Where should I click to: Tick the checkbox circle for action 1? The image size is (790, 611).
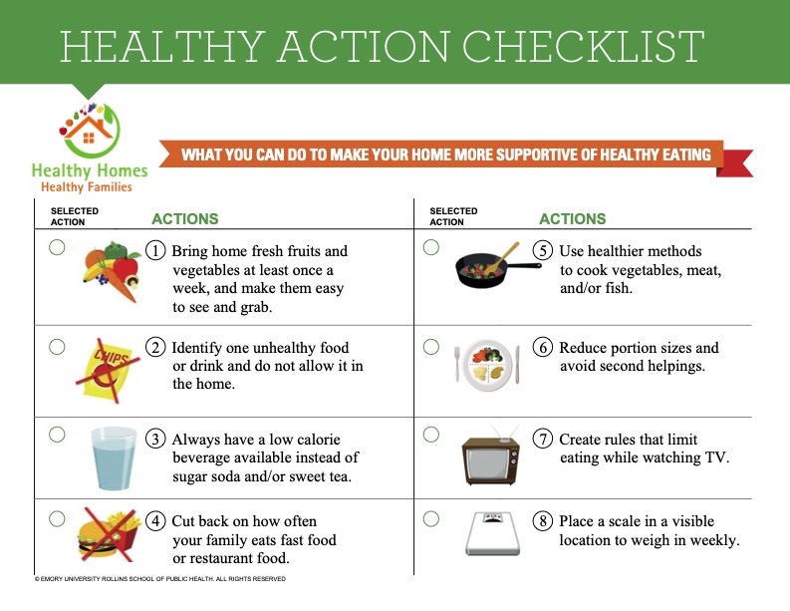[x=57, y=247]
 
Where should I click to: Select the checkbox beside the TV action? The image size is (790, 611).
[x=431, y=434]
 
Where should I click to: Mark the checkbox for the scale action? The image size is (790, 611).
[x=431, y=518]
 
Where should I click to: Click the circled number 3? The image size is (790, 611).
[x=155, y=439]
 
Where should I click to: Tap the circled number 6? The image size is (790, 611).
[x=543, y=347]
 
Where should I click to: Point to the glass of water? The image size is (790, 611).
[x=114, y=458]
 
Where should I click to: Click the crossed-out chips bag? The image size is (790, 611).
[x=108, y=370]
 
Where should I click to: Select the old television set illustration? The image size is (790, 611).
[x=491, y=456]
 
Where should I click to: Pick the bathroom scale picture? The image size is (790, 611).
[x=493, y=533]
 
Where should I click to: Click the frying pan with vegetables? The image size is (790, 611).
[x=495, y=266]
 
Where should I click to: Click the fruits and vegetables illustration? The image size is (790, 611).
[x=112, y=270]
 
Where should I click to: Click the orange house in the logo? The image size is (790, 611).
[x=89, y=131]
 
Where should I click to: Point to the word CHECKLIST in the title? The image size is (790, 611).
[x=583, y=47]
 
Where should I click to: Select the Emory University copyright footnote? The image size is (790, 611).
[x=160, y=579]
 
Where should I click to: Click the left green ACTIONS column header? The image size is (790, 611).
[x=185, y=219]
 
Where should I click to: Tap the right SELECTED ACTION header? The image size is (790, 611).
[x=453, y=216]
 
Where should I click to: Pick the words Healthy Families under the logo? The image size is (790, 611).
[x=87, y=187]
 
